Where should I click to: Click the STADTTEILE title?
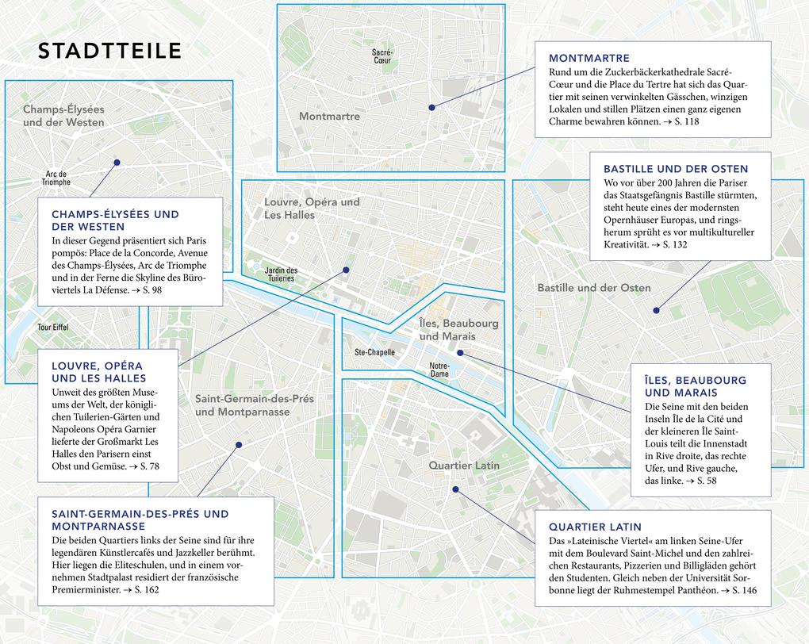coord(110,52)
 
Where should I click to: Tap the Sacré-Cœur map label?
coord(382,56)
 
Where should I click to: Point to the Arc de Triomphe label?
coord(56,178)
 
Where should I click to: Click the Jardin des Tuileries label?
coord(281,274)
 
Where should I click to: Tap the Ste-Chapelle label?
coord(374,352)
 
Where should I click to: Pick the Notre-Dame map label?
coord(439,370)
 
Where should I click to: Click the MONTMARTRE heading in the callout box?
coord(589,58)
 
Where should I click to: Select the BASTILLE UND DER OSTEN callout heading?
coord(676,169)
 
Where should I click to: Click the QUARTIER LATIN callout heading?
coord(595,527)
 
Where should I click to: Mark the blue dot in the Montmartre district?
coord(431,107)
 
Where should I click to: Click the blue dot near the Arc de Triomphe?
coord(117,163)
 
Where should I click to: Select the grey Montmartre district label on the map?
coord(329,117)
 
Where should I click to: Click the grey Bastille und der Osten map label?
coord(594,288)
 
